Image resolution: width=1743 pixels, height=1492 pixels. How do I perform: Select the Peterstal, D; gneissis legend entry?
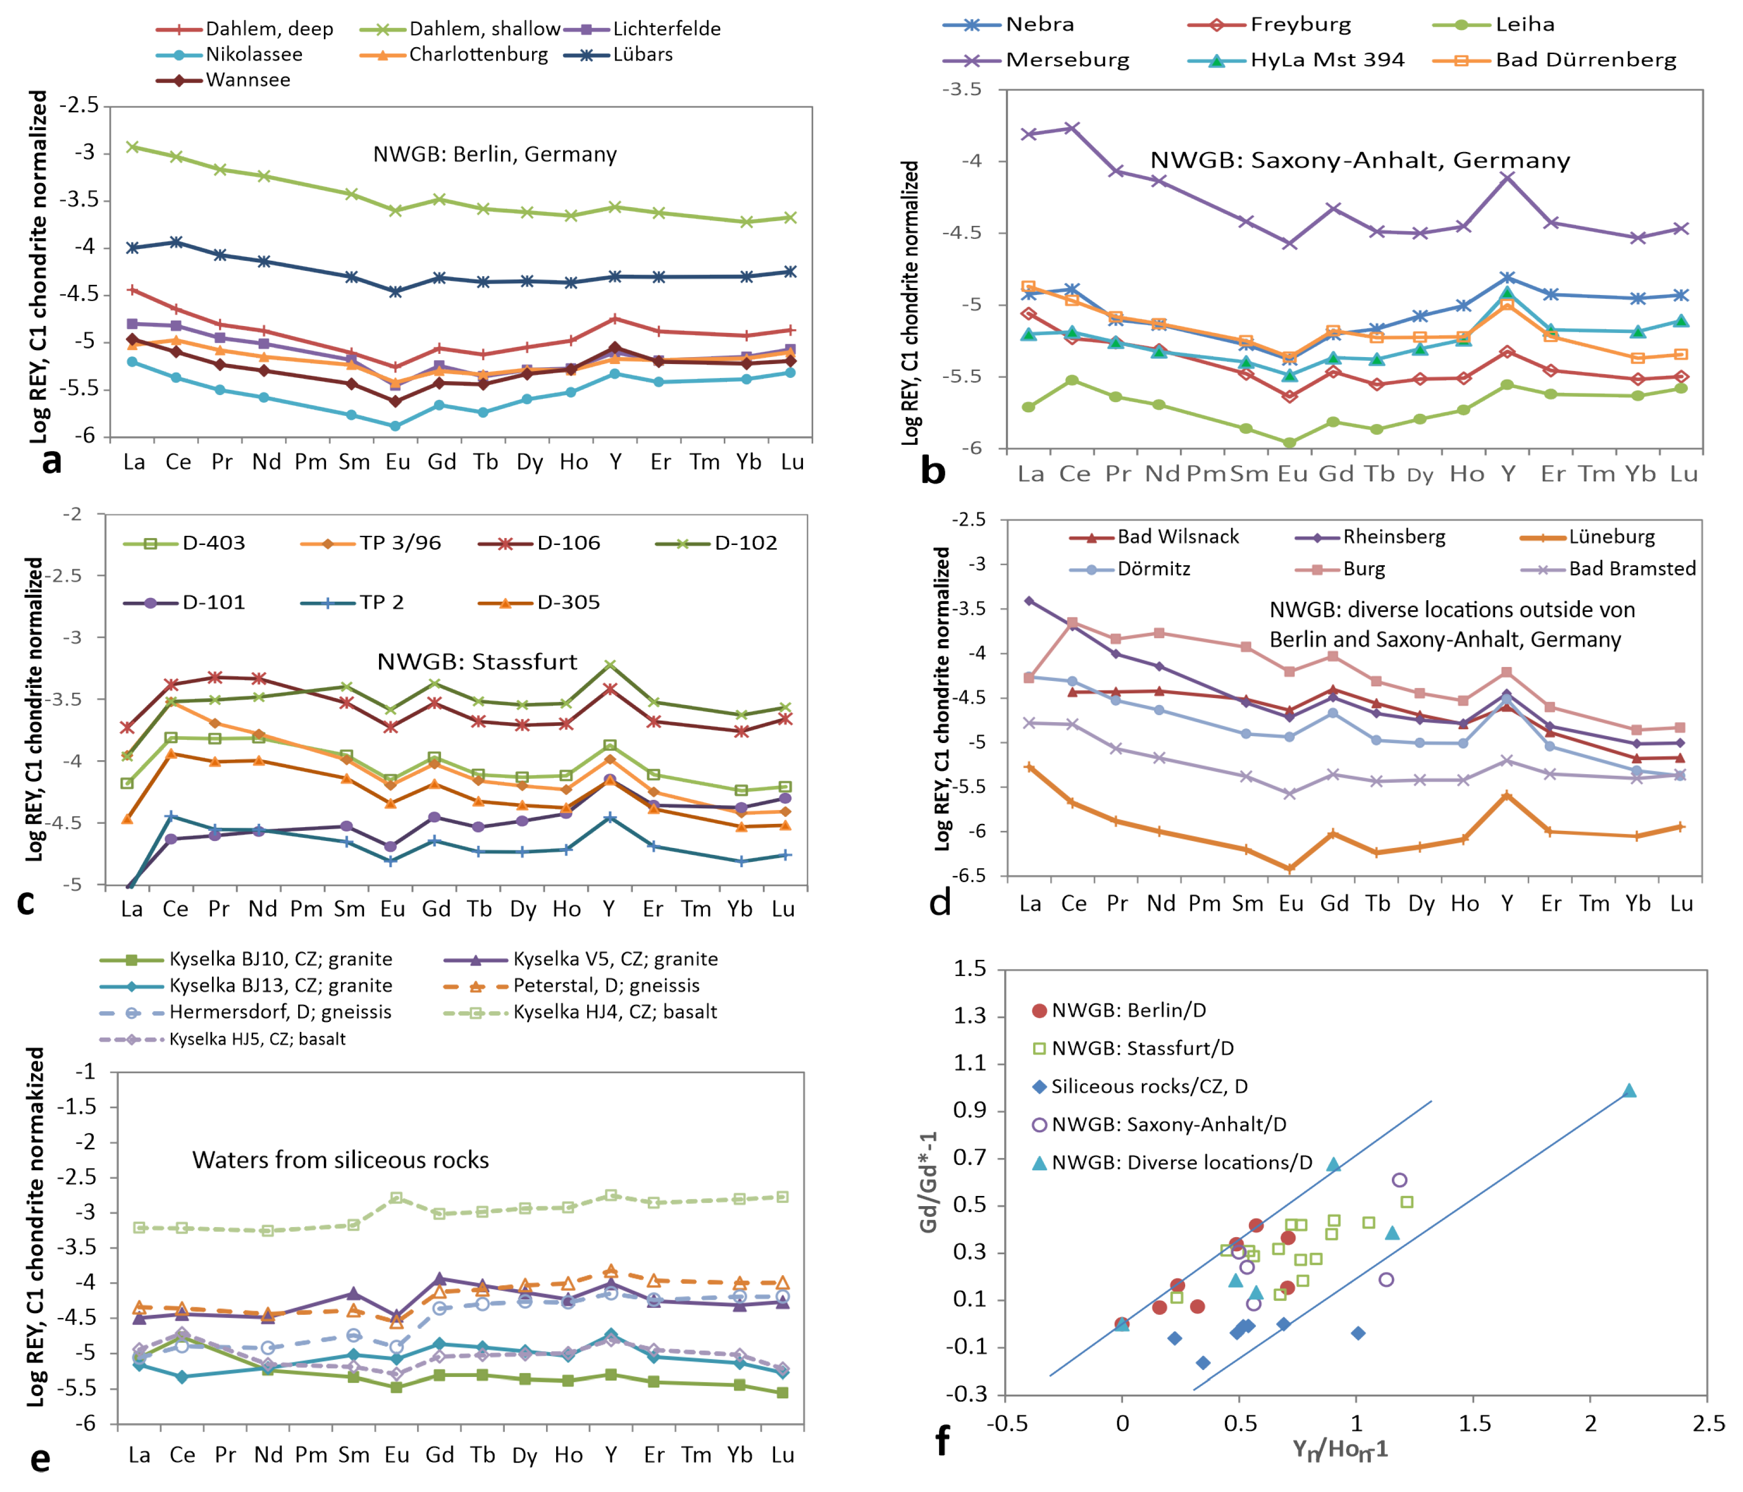pos(605,986)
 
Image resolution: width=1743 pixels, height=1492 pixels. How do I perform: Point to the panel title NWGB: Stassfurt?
pos(477,662)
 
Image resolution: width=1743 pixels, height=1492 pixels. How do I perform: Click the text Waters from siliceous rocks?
pos(340,1160)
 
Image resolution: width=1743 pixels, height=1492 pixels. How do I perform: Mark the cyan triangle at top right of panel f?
pos(1628,1091)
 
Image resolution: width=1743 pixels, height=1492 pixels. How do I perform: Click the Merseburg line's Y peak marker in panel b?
pos(1507,177)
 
